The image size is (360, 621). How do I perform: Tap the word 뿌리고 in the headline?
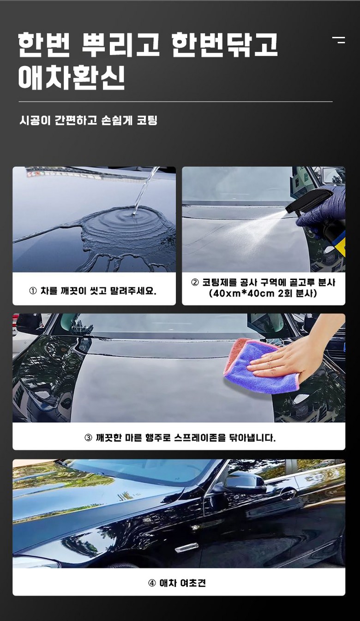pos(120,45)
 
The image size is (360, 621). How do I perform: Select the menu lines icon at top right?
pos(339,40)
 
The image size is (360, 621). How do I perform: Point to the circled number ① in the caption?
pos(33,291)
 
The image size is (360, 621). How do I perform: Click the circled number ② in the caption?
pos(195,282)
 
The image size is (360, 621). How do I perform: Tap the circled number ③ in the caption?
pos(88,438)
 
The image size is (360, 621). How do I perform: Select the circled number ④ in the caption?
pos(152,583)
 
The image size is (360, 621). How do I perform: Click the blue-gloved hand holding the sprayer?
pos(323,211)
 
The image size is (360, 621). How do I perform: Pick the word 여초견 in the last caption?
pos(193,583)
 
